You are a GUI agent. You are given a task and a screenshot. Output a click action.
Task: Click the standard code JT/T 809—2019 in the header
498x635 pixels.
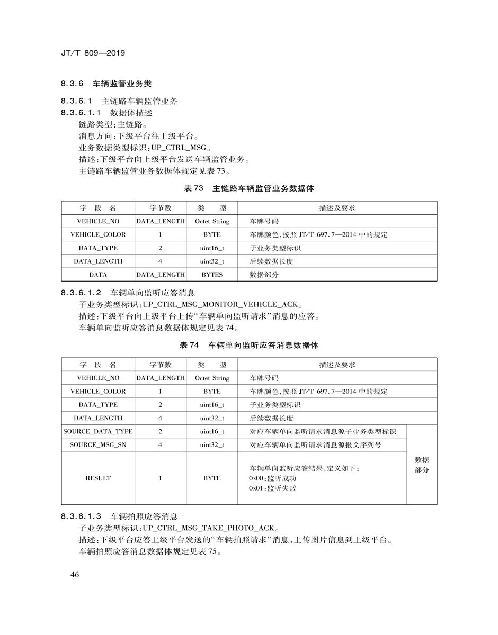[x=93, y=53]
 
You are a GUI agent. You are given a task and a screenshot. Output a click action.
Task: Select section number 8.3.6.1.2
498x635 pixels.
[x=81, y=293]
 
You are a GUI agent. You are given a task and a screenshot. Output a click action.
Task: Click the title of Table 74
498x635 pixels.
[x=249, y=345]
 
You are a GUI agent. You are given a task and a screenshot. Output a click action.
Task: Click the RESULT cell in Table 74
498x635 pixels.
[x=98, y=478]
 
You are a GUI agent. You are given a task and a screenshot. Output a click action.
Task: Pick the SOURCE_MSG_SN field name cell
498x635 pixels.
[x=98, y=445]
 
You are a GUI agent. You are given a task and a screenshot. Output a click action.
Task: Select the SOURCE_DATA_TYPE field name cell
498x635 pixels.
[x=98, y=432]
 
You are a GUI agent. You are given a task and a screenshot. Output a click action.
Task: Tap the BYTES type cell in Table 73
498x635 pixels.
[x=212, y=275]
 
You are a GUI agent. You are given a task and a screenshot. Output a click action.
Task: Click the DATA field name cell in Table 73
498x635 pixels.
[x=98, y=275]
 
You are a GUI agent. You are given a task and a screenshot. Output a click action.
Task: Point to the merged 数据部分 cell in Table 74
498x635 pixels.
[x=422, y=465]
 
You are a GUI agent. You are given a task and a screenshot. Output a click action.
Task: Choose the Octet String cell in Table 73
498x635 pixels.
[x=212, y=221]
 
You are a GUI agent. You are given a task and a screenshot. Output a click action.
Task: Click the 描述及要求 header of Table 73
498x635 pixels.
[x=337, y=208]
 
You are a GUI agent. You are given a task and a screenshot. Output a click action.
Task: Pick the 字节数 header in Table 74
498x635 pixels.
[x=161, y=365]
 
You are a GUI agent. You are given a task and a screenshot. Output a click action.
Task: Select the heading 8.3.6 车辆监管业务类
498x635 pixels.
[x=111, y=84]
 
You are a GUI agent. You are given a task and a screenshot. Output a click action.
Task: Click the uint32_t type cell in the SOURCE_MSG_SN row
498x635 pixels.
[x=212, y=445]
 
